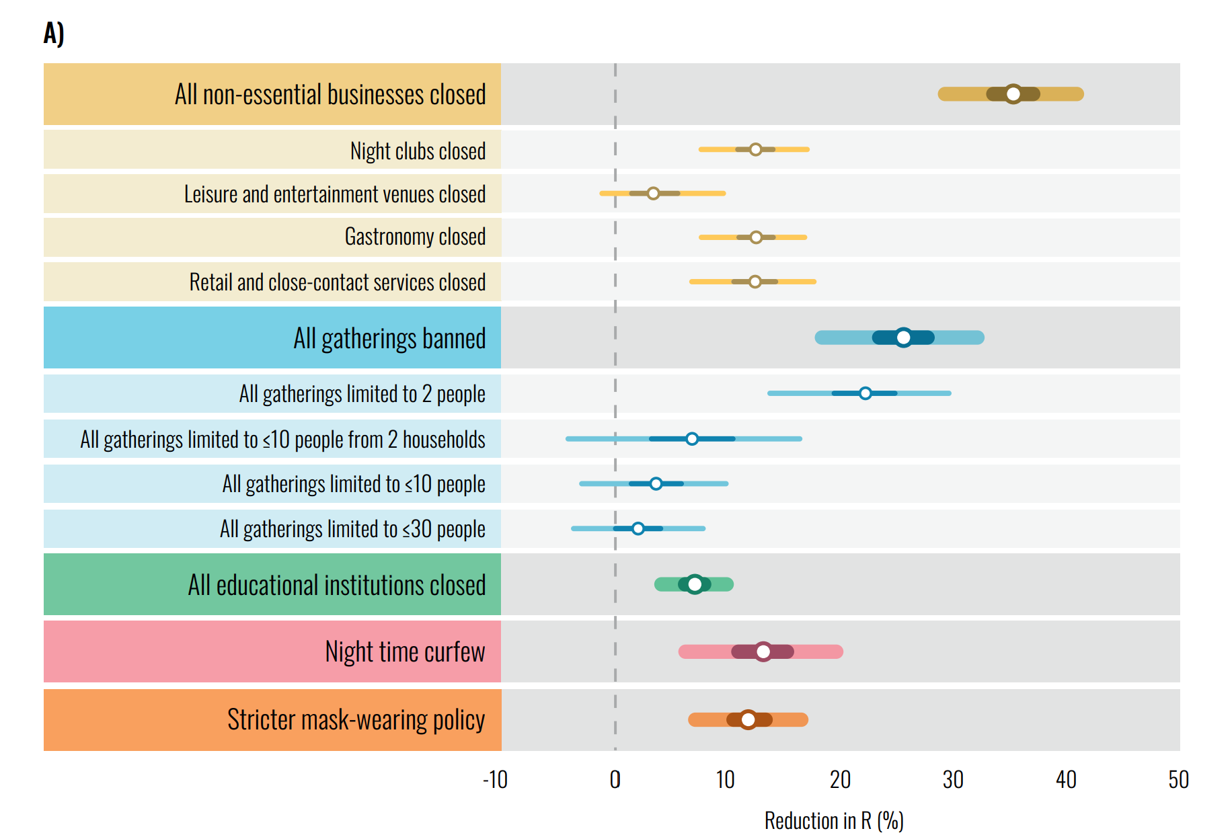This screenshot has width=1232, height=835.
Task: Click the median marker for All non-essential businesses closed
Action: coord(1013,94)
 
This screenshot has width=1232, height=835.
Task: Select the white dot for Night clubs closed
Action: coord(755,149)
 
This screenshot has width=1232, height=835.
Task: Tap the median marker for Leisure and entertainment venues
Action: coord(653,194)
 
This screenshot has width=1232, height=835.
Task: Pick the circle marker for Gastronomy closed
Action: coord(756,237)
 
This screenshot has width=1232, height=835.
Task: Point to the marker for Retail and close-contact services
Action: coord(755,282)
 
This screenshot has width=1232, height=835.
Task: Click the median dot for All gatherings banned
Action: coord(903,337)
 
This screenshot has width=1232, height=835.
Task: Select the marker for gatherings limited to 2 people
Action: coord(865,393)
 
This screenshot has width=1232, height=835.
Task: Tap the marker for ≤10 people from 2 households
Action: coord(692,439)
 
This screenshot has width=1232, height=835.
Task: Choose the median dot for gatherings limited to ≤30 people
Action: coord(638,528)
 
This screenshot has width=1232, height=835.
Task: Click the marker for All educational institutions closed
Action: coord(695,584)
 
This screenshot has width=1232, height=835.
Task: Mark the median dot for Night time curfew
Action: coord(763,651)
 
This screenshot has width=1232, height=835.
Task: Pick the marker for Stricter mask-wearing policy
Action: coord(748,719)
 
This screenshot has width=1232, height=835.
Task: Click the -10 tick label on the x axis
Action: coord(495,780)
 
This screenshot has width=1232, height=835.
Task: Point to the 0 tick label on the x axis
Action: coord(615,780)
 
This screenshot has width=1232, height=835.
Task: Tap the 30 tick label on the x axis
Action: coord(952,780)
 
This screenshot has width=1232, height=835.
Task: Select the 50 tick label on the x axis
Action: coord(1178,780)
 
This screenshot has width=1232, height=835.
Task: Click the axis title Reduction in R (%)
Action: coord(833,821)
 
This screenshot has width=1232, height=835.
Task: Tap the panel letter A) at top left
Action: coord(54,33)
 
